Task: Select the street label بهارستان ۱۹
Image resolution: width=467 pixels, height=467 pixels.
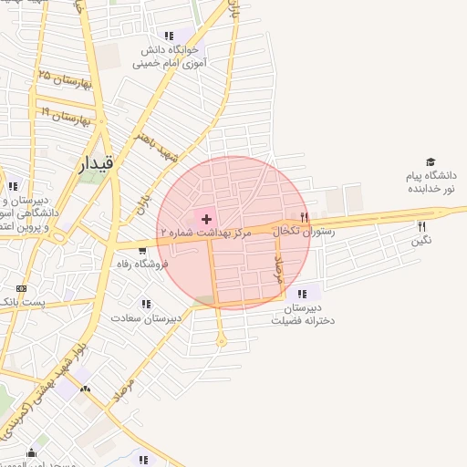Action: (66, 115)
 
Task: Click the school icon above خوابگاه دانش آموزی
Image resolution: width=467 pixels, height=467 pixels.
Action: (170, 36)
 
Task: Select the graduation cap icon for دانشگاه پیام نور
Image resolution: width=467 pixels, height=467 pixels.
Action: (431, 161)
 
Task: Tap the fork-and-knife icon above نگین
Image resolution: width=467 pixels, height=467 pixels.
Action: (420, 226)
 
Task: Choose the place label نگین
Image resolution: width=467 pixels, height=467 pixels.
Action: (420, 241)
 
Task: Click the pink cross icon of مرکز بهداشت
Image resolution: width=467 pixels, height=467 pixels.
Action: (206, 219)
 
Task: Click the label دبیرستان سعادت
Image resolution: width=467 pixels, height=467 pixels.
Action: (146, 318)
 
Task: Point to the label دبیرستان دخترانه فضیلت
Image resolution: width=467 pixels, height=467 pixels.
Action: (302, 315)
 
